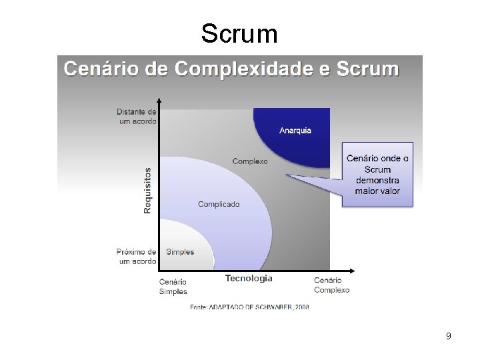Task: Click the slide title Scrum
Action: click(x=239, y=33)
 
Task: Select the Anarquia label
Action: click(x=295, y=131)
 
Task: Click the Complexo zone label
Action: click(x=250, y=161)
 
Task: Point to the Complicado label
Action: click(x=219, y=204)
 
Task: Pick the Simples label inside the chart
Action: click(x=180, y=252)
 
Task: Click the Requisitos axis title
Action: click(x=147, y=191)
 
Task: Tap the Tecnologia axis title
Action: click(x=249, y=278)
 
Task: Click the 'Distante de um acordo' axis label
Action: click(x=137, y=117)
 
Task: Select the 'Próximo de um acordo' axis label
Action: click(x=136, y=257)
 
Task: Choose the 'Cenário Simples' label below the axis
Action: click(x=173, y=286)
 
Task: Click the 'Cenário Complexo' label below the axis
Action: click(x=331, y=285)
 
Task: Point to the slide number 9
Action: click(x=449, y=336)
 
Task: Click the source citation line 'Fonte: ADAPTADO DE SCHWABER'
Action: click(x=249, y=307)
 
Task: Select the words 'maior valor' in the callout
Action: click(x=377, y=191)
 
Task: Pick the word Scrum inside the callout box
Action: click(x=377, y=169)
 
